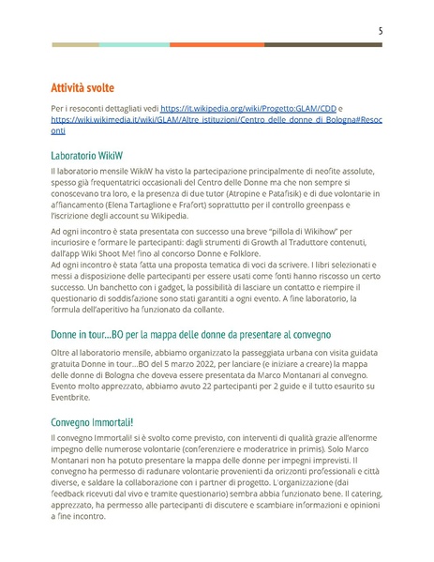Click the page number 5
[380, 30]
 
